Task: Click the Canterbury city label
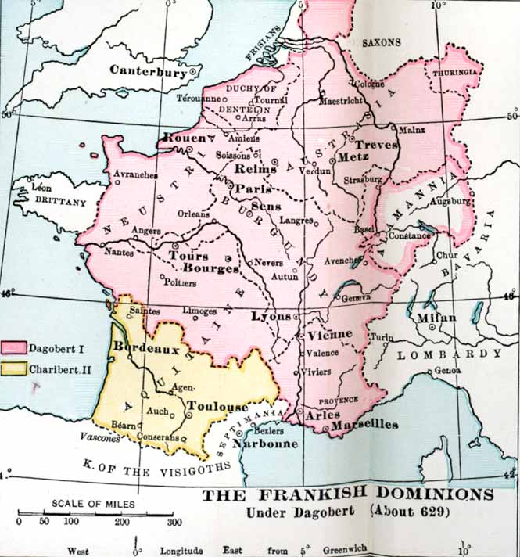148,70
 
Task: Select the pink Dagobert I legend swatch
13,347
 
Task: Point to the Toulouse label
218,407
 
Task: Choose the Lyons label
271,317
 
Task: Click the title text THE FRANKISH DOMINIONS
348,495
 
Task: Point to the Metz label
353,158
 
